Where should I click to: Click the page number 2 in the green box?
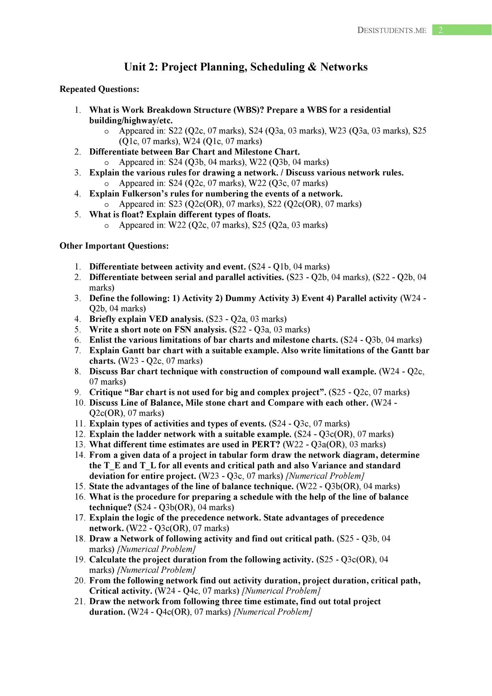pos(441,30)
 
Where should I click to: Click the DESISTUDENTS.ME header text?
pos(392,30)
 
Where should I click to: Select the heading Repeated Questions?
pos(99,89)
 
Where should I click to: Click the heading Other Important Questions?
pos(114,246)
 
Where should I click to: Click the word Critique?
pos(106,392)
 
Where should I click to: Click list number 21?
pos(80,601)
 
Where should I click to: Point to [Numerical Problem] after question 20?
pos(281,591)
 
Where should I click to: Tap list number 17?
pos(80,518)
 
